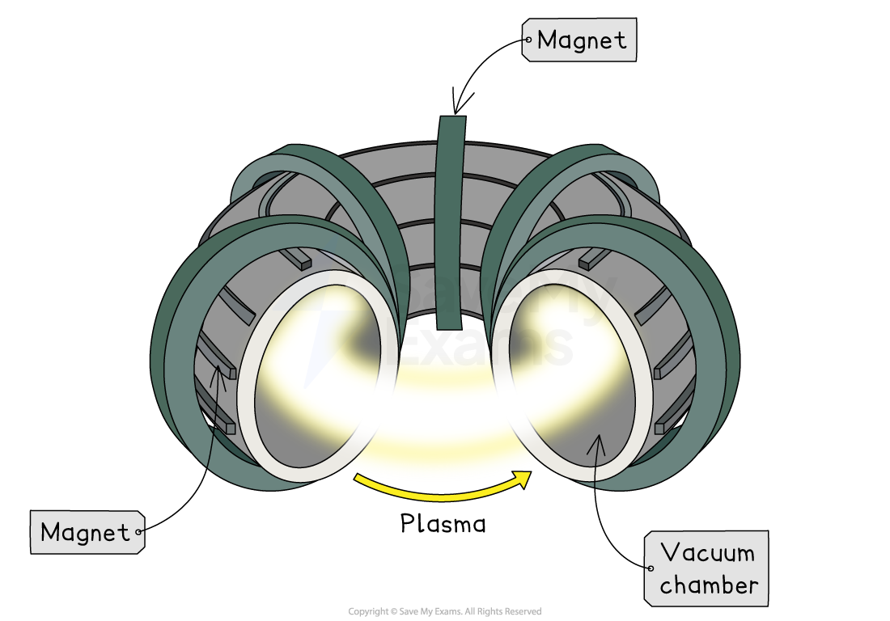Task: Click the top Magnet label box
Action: [x=579, y=40]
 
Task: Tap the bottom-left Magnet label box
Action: [x=87, y=532]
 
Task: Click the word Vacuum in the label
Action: [x=707, y=553]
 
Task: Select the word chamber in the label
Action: [x=709, y=585]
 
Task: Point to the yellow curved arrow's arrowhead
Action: [x=524, y=477]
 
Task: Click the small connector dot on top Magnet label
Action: [x=528, y=39]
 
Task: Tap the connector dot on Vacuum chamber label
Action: [x=651, y=568]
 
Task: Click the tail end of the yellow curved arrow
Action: [x=358, y=479]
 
